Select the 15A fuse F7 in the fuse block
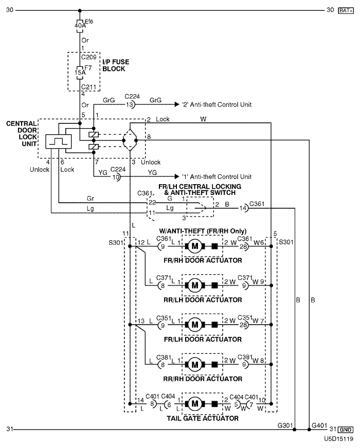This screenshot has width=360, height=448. [x=80, y=73]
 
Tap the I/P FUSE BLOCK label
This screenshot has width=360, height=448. [x=116, y=65]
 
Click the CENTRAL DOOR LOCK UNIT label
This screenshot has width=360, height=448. [x=20, y=133]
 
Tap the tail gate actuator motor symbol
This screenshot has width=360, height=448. [x=195, y=402]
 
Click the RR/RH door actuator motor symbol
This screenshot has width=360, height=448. [x=195, y=364]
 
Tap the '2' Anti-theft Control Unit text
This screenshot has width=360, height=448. [x=217, y=104]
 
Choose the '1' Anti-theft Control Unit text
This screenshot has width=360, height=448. [x=217, y=176]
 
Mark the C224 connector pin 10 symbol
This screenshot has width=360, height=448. [x=117, y=177]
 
